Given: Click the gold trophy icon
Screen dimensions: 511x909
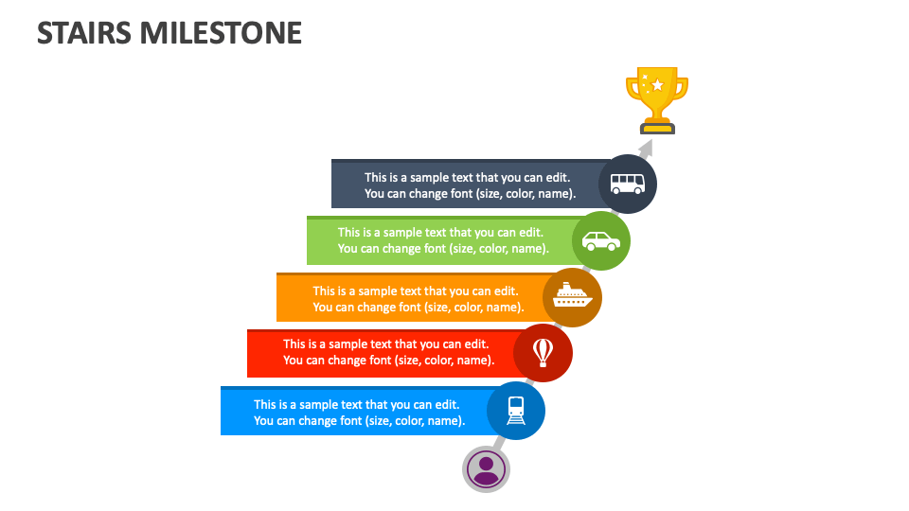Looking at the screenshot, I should tap(656, 97).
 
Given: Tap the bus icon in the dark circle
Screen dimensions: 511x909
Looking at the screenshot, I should tap(628, 184).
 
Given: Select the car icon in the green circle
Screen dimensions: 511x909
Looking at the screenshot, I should tap(601, 240).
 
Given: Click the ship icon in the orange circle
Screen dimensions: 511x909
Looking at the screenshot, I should tap(572, 297).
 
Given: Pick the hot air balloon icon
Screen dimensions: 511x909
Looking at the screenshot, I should tap(543, 352).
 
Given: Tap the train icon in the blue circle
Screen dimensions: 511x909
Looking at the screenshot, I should tap(516, 410).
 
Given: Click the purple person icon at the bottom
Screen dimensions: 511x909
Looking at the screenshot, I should tap(486, 468).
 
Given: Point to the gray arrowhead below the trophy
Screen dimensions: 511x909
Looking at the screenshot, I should tap(646, 149).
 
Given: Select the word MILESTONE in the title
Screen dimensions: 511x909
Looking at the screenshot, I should tap(221, 33).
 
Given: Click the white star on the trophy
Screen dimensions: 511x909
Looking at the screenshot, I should tap(657, 85).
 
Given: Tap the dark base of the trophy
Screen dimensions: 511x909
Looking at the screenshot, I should tap(656, 127).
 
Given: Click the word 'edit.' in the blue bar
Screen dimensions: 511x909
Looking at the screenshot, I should tap(448, 404).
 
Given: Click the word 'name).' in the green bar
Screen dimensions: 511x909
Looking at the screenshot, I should tap(531, 249).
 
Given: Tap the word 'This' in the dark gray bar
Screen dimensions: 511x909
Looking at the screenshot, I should tap(376, 177).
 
